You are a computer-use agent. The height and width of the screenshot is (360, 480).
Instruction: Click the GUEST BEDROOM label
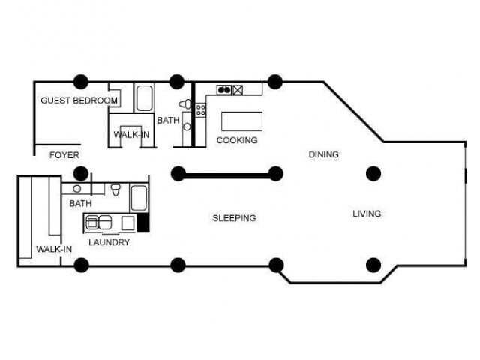79,100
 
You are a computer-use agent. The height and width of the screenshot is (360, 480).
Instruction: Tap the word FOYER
64,155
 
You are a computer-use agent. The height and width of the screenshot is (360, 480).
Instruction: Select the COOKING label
237,140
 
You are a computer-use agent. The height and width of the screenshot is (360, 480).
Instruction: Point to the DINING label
324,154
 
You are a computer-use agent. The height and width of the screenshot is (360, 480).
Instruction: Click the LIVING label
367,214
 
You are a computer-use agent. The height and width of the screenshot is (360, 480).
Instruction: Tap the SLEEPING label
234,218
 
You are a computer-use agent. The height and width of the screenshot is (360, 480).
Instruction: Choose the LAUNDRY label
109,242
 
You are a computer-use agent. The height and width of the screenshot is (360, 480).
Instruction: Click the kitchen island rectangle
241,121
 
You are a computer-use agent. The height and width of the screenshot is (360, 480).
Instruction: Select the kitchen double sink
223,90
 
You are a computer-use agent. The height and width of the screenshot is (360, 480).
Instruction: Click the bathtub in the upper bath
144,97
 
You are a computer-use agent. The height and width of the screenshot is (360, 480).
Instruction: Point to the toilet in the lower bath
115,190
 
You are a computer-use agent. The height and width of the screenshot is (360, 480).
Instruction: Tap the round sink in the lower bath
77,189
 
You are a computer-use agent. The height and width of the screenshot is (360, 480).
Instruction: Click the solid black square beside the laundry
144,222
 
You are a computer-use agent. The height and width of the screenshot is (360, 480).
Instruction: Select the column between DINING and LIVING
373,174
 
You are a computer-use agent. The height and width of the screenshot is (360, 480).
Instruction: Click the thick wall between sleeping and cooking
226,175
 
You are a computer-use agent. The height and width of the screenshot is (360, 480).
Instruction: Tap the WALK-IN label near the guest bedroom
130,135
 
